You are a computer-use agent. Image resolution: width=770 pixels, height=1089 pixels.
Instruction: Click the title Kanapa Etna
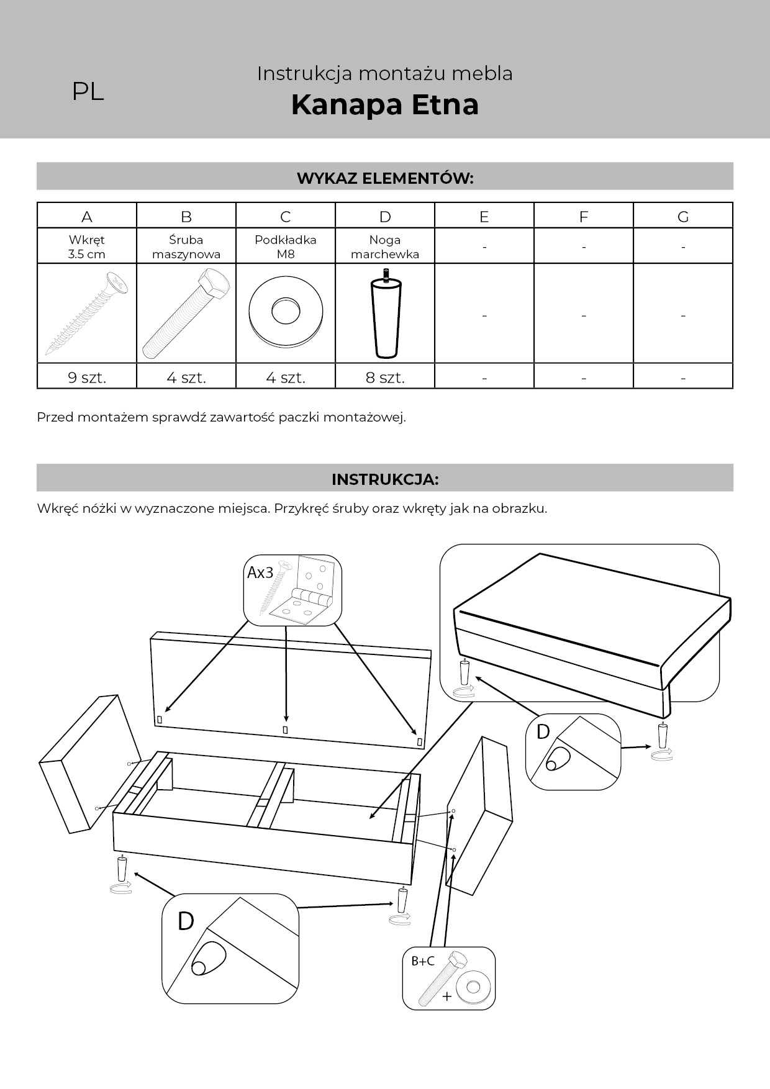tap(384, 104)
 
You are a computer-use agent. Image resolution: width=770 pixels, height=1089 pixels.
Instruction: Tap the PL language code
tap(88, 92)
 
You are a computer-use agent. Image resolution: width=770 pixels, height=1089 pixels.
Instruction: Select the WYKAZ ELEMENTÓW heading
tap(385, 178)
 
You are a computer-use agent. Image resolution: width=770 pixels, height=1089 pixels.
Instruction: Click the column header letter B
tap(186, 216)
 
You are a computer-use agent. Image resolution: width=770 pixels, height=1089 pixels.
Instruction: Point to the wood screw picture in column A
tap(87, 314)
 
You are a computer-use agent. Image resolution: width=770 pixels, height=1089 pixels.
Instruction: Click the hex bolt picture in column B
tap(186, 314)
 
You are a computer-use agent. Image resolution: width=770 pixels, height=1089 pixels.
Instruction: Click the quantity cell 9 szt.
tap(87, 377)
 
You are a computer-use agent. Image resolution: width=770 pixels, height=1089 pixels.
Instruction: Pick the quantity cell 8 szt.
tap(385, 377)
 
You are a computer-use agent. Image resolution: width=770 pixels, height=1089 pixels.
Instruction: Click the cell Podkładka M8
tap(286, 246)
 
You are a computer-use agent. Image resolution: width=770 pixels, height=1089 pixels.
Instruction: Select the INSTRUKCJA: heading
tap(385, 479)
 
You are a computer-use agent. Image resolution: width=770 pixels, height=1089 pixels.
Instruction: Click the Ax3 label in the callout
tap(260, 572)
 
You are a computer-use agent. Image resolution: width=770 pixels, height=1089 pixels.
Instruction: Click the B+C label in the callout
tap(423, 961)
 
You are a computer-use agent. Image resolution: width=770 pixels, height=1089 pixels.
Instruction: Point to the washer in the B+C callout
tap(473, 987)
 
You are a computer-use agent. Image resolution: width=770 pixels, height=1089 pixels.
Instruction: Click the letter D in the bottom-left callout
tap(186, 921)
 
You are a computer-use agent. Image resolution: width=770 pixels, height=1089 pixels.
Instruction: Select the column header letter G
tap(683, 216)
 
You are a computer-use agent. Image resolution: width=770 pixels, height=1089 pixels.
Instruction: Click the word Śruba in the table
tap(186, 240)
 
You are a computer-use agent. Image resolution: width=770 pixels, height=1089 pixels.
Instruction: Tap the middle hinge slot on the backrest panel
tap(285, 730)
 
